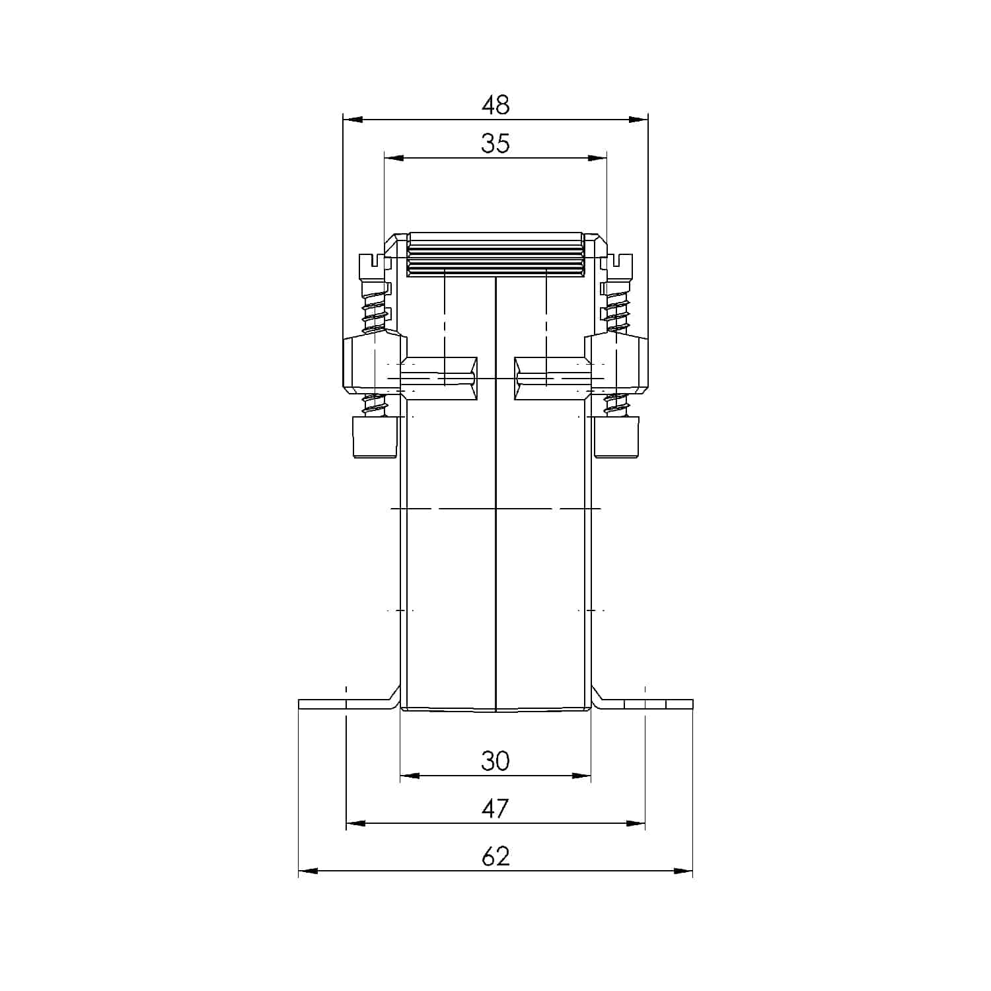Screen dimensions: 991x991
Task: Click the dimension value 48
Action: tap(495, 104)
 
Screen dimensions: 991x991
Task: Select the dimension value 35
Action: tap(495, 143)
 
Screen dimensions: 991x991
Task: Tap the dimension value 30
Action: tap(495, 761)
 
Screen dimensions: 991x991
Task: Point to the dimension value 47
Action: tap(495, 809)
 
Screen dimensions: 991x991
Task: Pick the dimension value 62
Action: tap(495, 857)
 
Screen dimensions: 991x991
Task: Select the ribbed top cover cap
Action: tap(495, 254)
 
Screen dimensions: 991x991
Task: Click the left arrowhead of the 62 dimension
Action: tap(308, 871)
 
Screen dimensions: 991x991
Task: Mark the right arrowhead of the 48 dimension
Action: tap(638, 120)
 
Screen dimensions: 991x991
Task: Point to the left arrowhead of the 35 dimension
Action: tap(394, 158)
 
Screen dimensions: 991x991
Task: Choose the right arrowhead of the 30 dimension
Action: tap(581, 776)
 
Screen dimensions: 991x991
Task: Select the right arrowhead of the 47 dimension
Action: tap(636, 823)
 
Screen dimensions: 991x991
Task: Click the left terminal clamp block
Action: tap(374, 363)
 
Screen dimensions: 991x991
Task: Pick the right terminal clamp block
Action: tap(617, 363)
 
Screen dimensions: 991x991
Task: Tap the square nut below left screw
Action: tap(375, 437)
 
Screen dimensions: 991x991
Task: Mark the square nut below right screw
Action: tap(616, 437)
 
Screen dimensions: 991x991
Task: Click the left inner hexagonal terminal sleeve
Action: tap(439, 379)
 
